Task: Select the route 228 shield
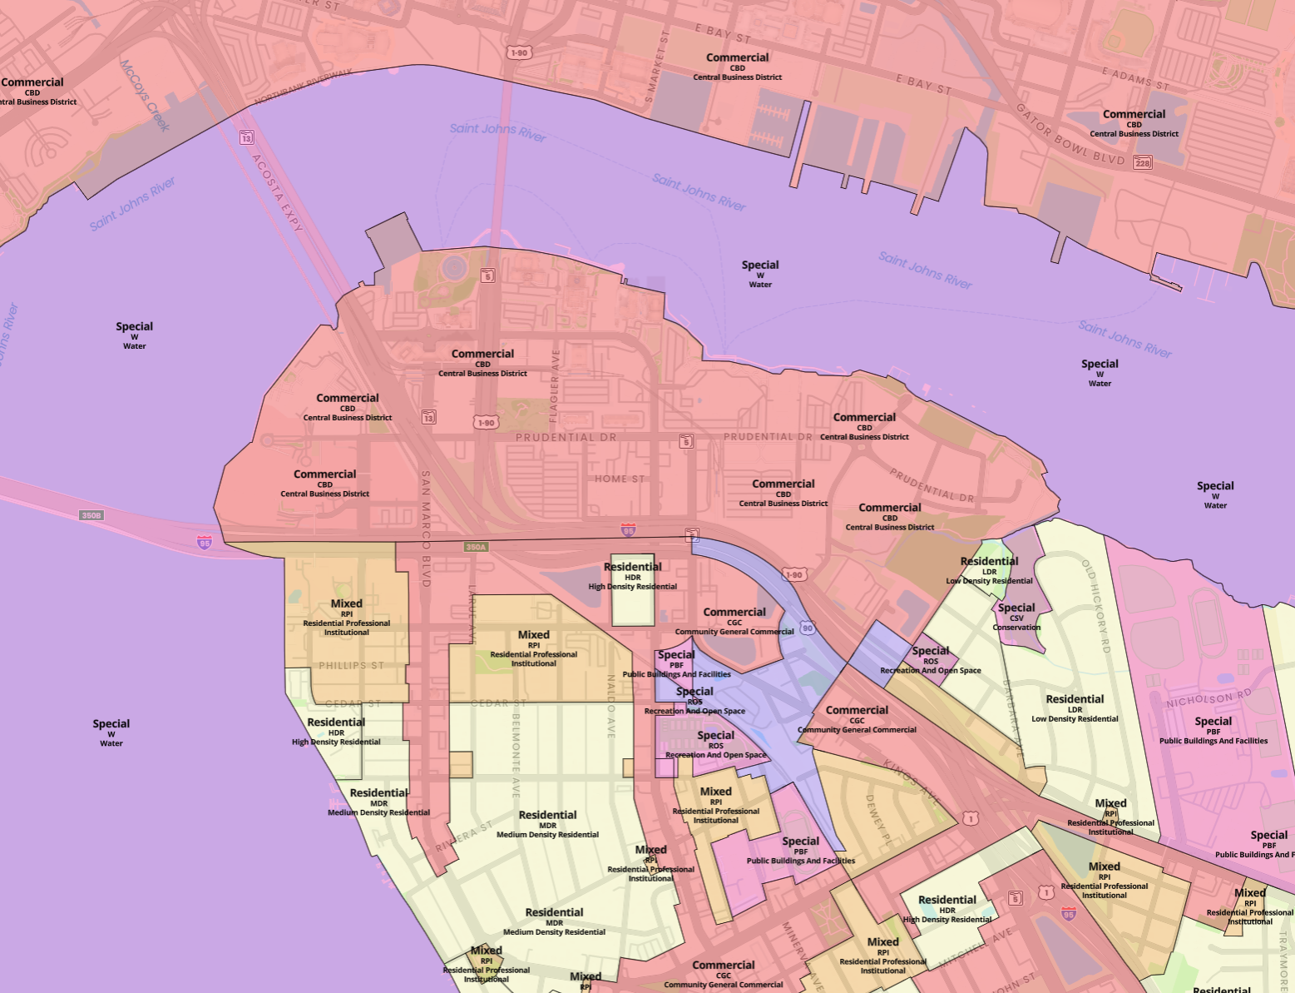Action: (1143, 163)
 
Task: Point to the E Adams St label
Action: (1135, 79)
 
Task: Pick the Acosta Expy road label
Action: (277, 193)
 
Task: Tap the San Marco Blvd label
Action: (426, 529)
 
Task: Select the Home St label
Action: (620, 479)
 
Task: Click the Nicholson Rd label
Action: (1209, 698)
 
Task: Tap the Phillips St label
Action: (351, 665)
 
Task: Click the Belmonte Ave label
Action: (516, 754)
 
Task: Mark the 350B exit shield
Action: (91, 515)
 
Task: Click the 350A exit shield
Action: (475, 547)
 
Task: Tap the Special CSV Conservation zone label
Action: (1016, 616)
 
